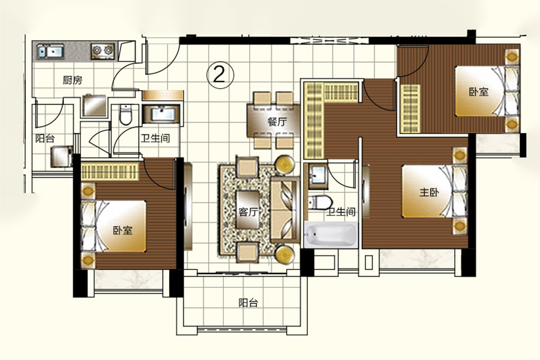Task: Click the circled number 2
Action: tap(220, 74)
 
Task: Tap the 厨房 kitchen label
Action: tap(73, 80)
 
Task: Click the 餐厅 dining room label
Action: tap(277, 122)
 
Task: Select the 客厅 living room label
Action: tap(248, 211)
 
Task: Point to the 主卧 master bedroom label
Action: tap(429, 192)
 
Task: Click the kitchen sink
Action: tap(50, 52)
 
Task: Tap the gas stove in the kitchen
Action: tap(103, 51)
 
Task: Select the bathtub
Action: tap(331, 234)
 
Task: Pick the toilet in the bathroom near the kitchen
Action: tap(126, 115)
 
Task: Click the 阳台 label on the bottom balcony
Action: tap(248, 303)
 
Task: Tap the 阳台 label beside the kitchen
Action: tap(45, 139)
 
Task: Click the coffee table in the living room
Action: tap(248, 209)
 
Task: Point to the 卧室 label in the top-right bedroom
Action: tap(479, 92)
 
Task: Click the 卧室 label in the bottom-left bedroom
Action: tap(123, 230)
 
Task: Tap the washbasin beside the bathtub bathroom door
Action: tap(318, 176)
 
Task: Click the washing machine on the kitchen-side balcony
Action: tap(62, 157)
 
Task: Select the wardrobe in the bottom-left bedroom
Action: tap(110, 171)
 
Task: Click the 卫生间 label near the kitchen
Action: tap(155, 138)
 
